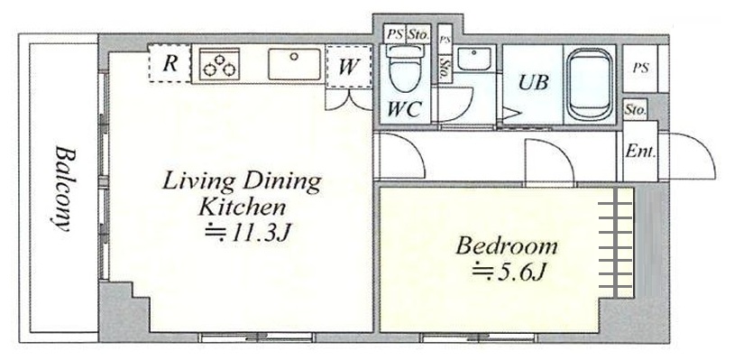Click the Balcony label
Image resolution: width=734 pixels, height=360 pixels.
coord(64,189)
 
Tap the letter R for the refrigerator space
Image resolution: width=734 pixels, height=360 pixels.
coord(170,64)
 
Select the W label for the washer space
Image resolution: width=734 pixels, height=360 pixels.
coord(348,67)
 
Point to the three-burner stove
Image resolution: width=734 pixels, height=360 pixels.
coord(219,66)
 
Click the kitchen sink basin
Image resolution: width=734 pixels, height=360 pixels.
coord(295,64)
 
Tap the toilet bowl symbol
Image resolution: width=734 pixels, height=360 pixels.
coord(405,69)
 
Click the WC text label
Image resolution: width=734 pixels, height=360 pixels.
coord(405,109)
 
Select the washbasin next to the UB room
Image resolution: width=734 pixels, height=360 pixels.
coord(473,60)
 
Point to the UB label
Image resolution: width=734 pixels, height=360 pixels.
coord(534,83)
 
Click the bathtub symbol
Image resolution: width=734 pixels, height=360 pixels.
coord(590,83)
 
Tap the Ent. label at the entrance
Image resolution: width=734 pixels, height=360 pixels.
coord(641,152)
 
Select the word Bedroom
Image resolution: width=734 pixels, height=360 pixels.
coord(507,245)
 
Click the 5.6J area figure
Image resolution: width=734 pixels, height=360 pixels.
coord(509,272)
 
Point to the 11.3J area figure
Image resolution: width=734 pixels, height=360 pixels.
coord(249,233)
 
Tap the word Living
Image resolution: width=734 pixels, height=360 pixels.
coord(197,182)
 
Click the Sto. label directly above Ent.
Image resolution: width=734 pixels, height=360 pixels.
coord(635,110)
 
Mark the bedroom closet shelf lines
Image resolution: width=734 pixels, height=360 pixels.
coord(615,243)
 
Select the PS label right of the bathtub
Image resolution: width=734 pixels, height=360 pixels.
coord(640,69)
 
